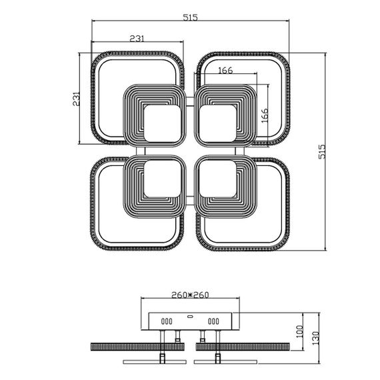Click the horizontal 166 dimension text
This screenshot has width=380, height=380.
[225, 71]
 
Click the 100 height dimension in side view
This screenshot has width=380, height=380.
[299, 330]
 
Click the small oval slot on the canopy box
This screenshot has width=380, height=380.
[190, 317]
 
